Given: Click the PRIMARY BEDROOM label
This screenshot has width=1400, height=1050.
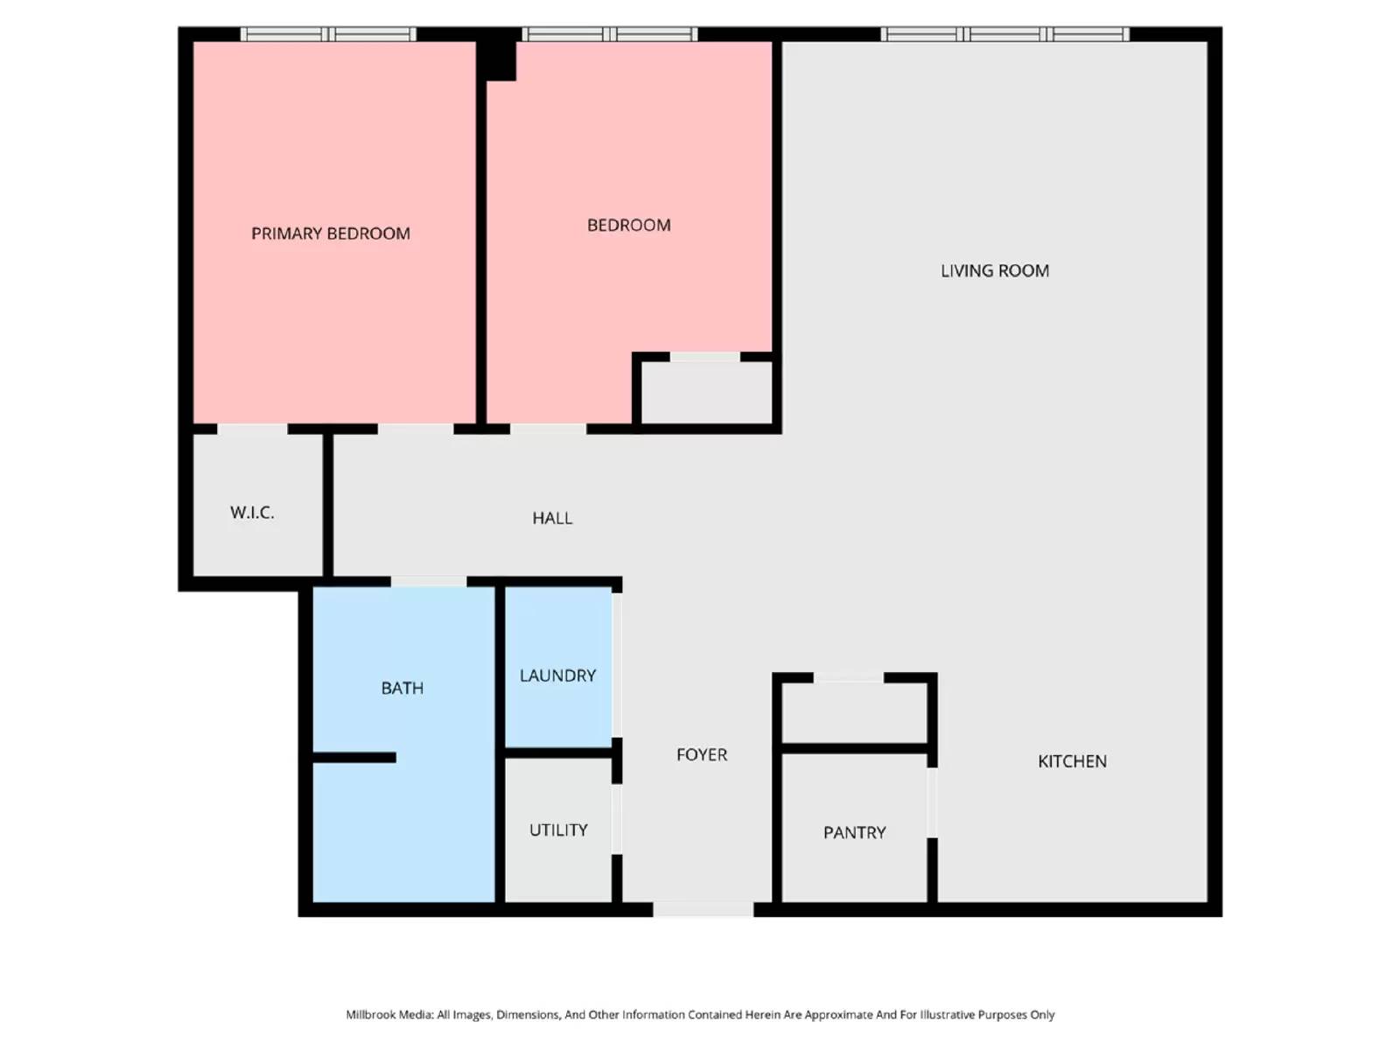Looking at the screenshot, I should pos(331,234).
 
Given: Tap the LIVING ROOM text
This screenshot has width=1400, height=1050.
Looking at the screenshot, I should pos(995,271).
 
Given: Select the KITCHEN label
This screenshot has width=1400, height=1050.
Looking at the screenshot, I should pos(1072,762).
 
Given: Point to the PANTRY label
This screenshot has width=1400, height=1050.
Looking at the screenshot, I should pos(854,833).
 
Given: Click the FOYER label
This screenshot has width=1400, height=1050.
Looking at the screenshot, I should pos(702,755).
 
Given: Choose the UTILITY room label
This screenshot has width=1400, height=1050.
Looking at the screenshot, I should pos(558,830).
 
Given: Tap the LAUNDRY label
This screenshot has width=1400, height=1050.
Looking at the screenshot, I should pos(557,676).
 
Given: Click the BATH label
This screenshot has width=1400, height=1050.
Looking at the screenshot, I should pos(402,689).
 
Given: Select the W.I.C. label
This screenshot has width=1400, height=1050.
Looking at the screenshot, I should pos(252,513).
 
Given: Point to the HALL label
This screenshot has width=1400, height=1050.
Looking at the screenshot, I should pos(552,519).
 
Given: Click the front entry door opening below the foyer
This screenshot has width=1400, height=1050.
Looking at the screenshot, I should pos(703,910).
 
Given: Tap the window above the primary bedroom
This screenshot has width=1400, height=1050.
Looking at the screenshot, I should pos(328,34).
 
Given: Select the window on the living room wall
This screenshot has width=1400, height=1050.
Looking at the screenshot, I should pos(1004,34).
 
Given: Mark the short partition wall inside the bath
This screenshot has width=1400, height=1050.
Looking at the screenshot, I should pos(354,758).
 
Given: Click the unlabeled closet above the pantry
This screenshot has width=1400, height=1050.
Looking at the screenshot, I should pos(854,712).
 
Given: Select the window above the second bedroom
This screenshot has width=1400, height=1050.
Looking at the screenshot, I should pos(609,34).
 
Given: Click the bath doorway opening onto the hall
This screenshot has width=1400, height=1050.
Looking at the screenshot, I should pos(429,582).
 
